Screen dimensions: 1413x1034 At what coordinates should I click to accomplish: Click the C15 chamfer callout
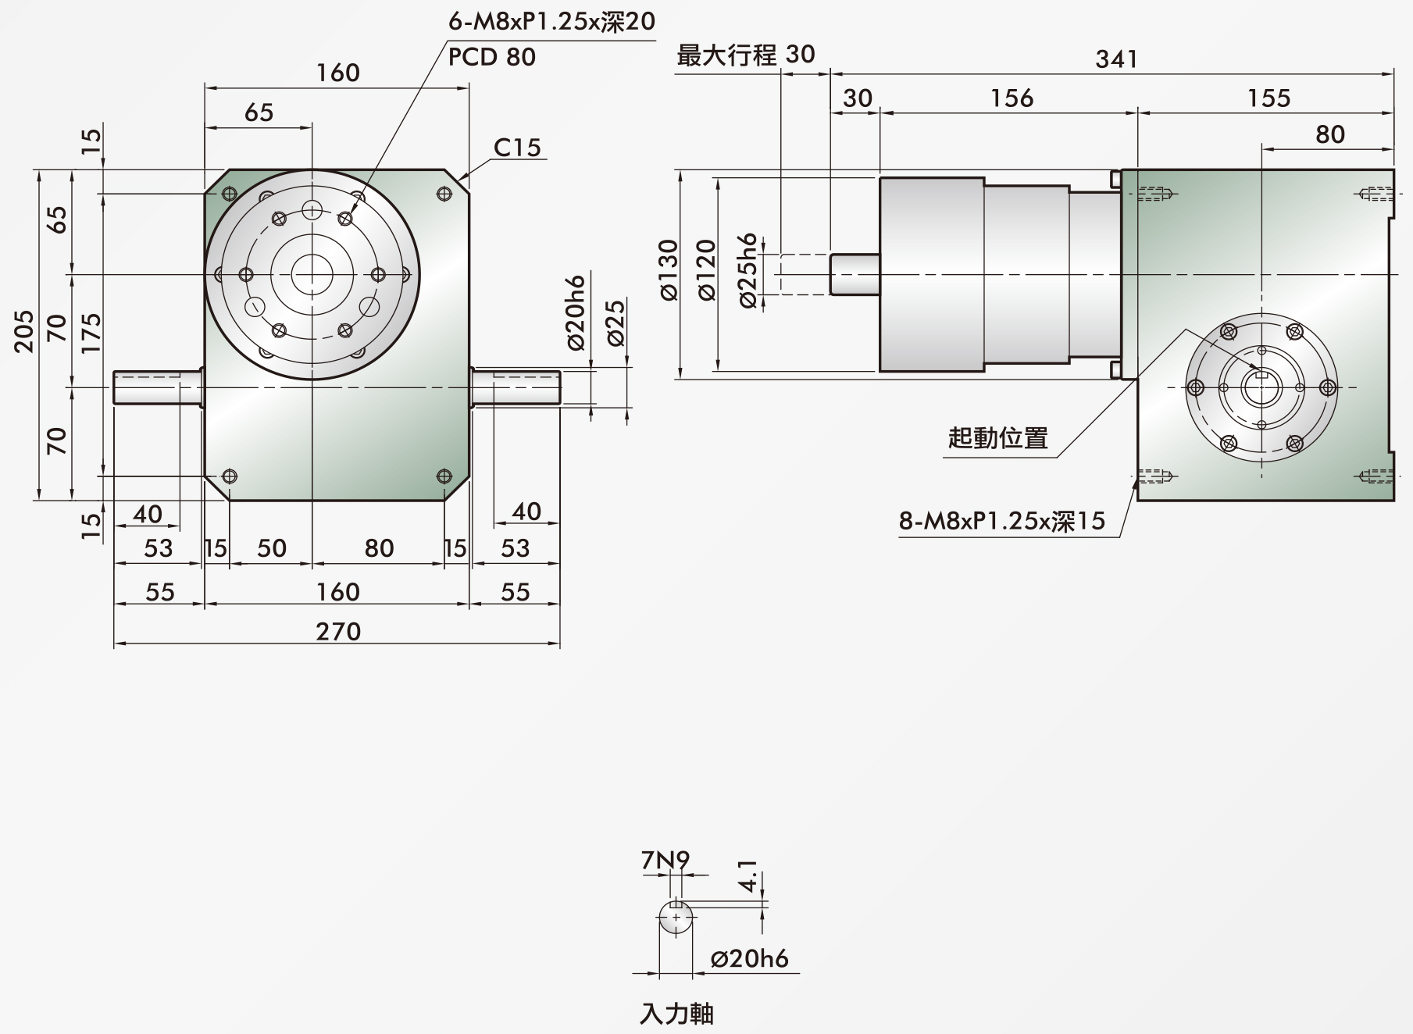point(517,148)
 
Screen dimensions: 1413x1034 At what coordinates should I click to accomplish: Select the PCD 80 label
point(492,57)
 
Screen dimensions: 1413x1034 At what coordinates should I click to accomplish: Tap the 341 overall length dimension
point(1116,59)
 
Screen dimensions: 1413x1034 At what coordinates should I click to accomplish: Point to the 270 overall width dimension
point(338,631)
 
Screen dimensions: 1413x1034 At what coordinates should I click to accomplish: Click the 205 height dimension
point(25,331)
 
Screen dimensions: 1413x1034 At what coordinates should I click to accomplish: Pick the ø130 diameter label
point(669,270)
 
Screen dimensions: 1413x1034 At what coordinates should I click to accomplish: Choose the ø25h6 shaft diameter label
point(748,270)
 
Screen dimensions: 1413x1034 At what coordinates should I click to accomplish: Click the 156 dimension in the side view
point(1012,98)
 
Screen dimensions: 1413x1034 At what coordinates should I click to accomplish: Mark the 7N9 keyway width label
point(665,861)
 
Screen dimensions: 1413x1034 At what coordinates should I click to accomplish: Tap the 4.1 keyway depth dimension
point(748,876)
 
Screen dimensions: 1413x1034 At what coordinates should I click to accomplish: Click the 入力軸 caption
point(676,1014)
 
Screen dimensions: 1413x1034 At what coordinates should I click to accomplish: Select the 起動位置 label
point(997,437)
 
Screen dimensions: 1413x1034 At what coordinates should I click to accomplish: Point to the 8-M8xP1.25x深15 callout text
point(1002,521)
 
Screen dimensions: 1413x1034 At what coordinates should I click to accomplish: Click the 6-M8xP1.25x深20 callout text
point(551,21)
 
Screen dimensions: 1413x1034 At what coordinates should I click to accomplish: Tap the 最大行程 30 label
point(746,55)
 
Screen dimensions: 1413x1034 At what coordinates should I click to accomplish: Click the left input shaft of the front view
point(159,387)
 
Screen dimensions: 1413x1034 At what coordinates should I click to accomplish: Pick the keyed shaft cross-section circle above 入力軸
point(676,917)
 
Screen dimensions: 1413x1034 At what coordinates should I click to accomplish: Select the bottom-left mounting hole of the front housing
point(229,476)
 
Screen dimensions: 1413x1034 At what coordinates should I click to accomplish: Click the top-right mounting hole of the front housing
point(444,194)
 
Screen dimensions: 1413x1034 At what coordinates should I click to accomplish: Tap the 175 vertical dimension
point(91,332)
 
